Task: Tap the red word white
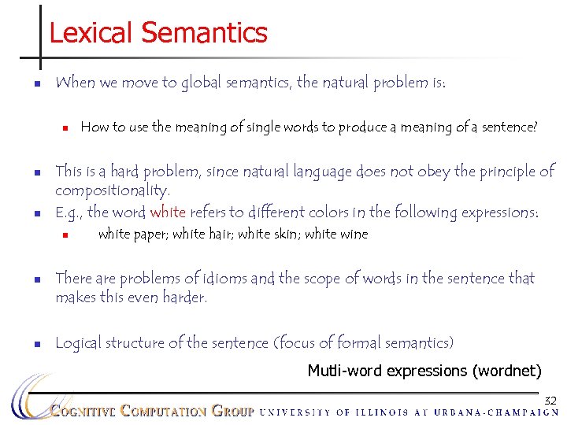coord(167,213)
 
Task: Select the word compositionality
coord(112,191)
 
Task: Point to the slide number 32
coord(550,401)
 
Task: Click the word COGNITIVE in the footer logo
coord(83,411)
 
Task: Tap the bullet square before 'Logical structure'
coord(37,343)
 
